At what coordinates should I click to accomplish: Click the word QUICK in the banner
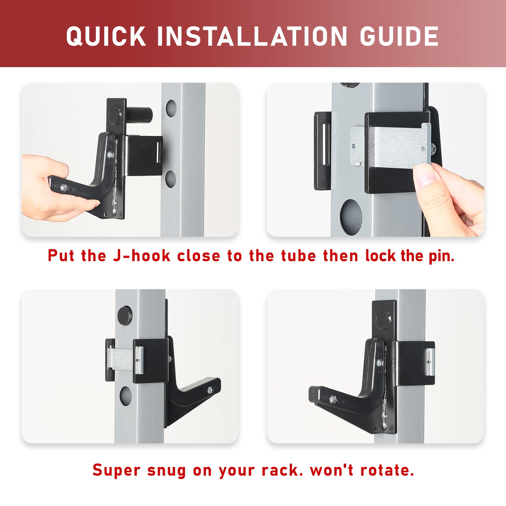coord(106,36)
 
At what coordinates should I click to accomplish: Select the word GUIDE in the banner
coord(399,36)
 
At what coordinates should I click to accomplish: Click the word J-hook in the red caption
coord(142,256)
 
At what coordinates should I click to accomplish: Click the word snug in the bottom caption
coord(166,471)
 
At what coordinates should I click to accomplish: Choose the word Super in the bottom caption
coord(116,470)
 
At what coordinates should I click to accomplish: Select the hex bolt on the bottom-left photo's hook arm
coord(210,390)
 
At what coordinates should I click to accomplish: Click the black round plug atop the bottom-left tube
coord(125,316)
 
